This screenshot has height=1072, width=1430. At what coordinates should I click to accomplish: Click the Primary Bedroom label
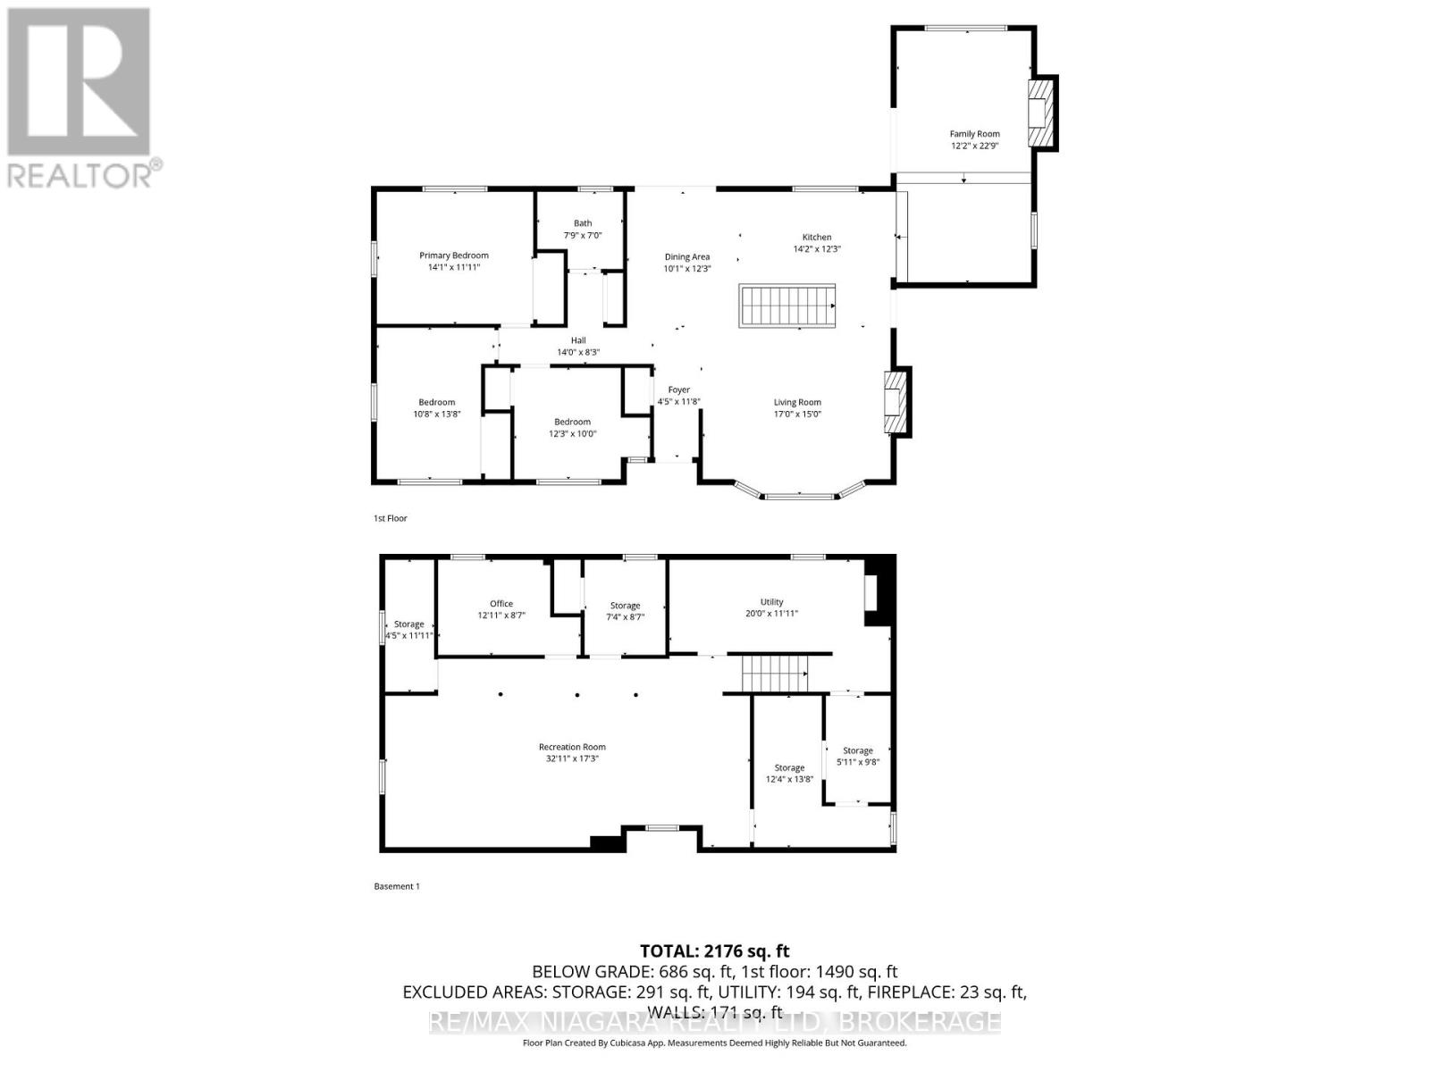454,255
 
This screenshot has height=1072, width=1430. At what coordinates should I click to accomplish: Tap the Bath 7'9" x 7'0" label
583,230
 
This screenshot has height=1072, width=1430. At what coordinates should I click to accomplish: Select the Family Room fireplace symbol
1041,113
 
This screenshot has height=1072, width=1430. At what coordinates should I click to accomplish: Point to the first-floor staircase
786,306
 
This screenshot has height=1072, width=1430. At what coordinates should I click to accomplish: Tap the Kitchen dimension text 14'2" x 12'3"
817,249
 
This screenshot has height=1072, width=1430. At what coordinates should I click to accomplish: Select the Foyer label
679,389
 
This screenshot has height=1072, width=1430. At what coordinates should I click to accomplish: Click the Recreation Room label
572,747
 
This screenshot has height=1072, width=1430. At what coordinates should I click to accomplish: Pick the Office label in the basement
501,604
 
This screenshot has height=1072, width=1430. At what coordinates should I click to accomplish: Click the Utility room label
771,602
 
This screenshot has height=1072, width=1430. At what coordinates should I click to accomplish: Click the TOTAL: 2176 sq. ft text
714,951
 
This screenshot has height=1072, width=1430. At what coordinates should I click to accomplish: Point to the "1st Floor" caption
391,518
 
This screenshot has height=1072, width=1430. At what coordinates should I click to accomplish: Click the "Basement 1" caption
396,886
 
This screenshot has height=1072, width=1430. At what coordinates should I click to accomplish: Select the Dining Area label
686,256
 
